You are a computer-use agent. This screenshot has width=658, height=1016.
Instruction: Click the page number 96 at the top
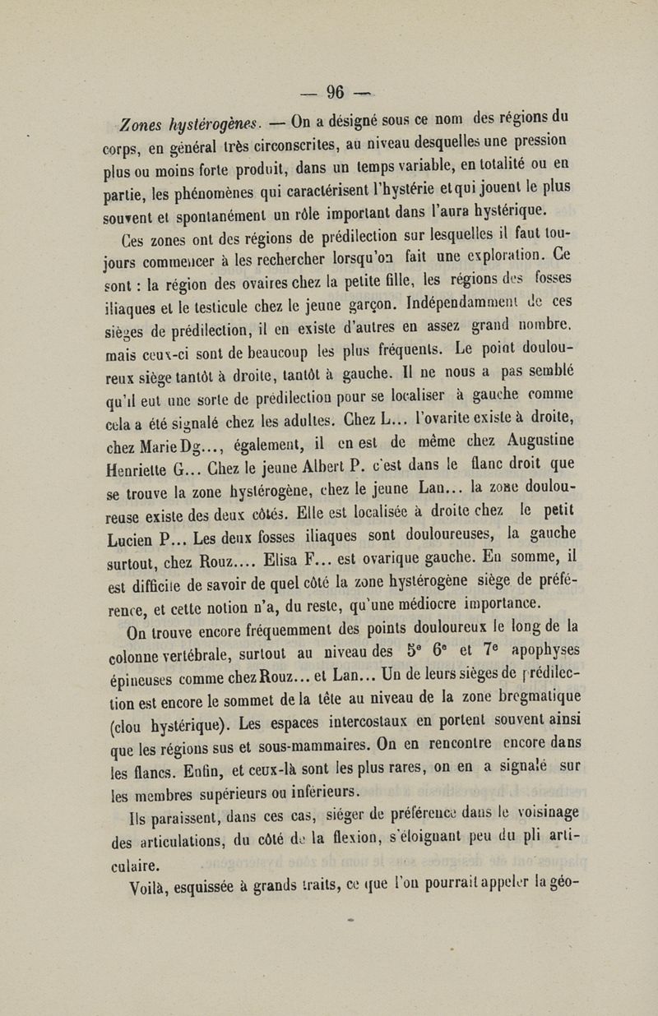click(x=336, y=91)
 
